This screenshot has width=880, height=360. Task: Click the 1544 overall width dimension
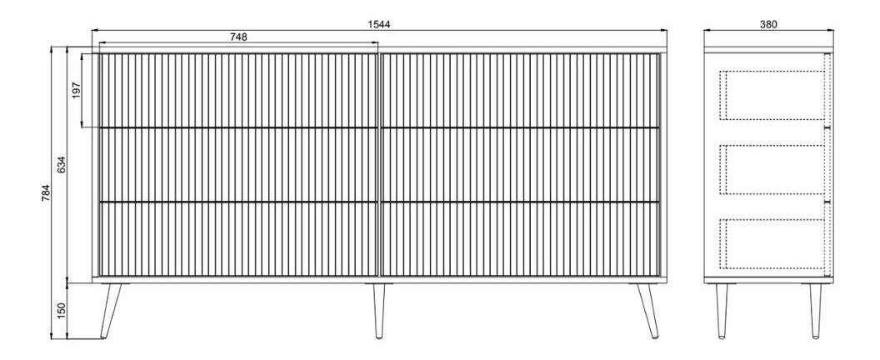coord(379,24)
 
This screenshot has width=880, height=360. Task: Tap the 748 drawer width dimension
coord(238,37)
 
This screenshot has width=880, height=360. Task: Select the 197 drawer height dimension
coord(77,91)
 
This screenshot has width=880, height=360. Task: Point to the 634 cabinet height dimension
coord(62,164)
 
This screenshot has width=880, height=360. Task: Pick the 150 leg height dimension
coord(62,311)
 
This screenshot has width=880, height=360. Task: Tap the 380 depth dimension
coord(768,24)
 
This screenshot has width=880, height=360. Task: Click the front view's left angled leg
coord(111,311)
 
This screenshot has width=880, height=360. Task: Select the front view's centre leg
coord(379,311)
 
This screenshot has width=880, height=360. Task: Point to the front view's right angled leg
coord(647,311)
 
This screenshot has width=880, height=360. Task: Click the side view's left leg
coord(722,311)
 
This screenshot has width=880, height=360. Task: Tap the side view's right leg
coord(816,311)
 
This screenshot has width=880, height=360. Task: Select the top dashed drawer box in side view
coord(772,96)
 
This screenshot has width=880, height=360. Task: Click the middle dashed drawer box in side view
coord(772,170)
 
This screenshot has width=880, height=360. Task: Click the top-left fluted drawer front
coord(239,91)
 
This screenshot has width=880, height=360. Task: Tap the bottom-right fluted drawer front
coord(520,238)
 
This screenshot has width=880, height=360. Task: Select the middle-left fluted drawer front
coord(239,164)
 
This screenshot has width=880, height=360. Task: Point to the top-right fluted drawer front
coord(520,91)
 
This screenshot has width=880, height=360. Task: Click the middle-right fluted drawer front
coord(520,164)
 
